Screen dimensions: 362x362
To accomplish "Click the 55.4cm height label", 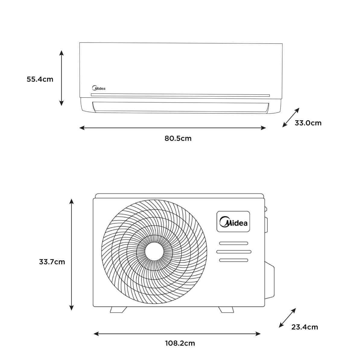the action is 40,79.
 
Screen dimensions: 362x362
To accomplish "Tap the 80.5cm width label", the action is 178,138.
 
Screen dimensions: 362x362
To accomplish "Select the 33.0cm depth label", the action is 308,123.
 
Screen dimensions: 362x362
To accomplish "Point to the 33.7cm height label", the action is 52,262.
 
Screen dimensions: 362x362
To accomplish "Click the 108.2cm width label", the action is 180,343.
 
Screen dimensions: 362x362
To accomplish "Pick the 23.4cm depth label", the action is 304,327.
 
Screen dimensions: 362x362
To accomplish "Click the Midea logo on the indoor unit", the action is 99,88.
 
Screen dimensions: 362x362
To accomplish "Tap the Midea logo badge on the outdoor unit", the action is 233,221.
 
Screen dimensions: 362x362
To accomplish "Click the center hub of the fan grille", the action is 154,252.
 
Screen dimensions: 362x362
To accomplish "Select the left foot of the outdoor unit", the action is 118,310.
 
